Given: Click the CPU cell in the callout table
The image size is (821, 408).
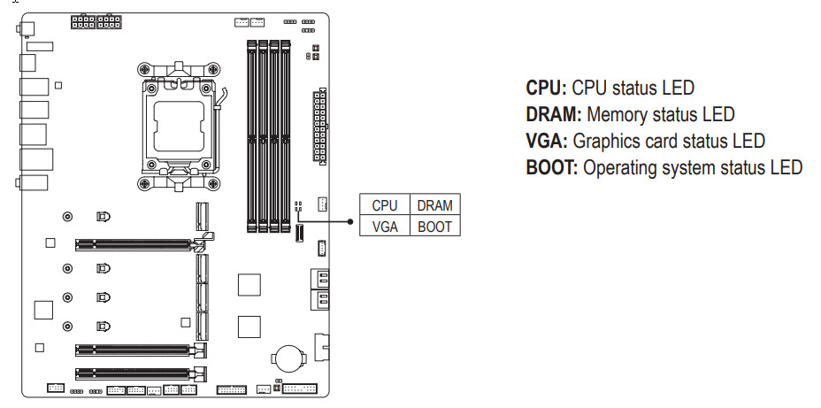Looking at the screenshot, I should point(385,205).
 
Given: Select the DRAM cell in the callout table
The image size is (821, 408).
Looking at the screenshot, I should point(434,205).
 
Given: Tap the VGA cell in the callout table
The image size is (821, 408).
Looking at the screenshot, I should point(385,227).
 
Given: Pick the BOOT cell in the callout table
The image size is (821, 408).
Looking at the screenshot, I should point(434,227).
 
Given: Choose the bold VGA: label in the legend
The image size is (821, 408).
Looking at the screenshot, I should point(548,141).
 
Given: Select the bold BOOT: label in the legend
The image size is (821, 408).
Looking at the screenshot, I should point(553,167).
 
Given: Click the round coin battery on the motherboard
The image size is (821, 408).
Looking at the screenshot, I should point(288,358).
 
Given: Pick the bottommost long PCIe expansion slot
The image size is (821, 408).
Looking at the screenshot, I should point(133,373).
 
